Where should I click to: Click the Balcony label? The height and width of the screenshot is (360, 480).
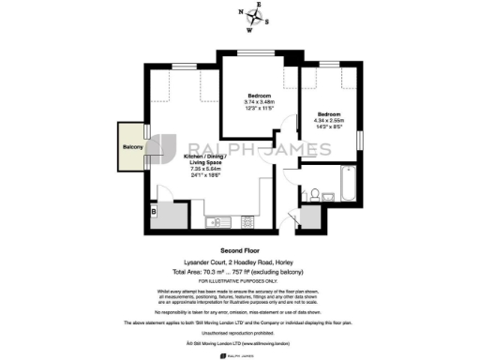pos(132,148)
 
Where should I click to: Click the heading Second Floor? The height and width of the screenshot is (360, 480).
pos(240,251)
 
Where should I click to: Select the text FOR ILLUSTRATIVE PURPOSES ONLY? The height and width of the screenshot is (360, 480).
pos(240,280)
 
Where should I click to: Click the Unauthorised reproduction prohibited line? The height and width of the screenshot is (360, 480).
pos(240,331)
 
